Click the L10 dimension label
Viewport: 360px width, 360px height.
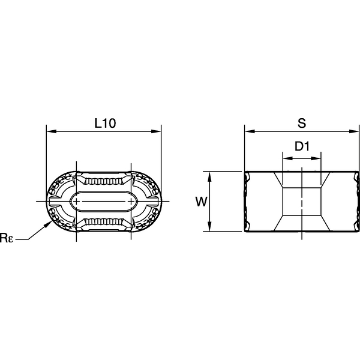pos(105,123)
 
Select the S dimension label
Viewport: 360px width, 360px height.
pos(302,123)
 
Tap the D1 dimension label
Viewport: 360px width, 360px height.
pos(302,146)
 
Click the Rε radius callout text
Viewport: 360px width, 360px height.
pos(7,239)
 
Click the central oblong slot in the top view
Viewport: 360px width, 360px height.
pos(104,201)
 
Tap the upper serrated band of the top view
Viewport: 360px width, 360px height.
pos(104,180)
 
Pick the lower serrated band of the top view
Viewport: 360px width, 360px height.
pos(104,223)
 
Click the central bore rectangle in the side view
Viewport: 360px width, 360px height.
pos(302,201)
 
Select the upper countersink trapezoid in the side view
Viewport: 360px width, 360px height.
pos(302,180)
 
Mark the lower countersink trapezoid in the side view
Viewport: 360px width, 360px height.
pos(302,223)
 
